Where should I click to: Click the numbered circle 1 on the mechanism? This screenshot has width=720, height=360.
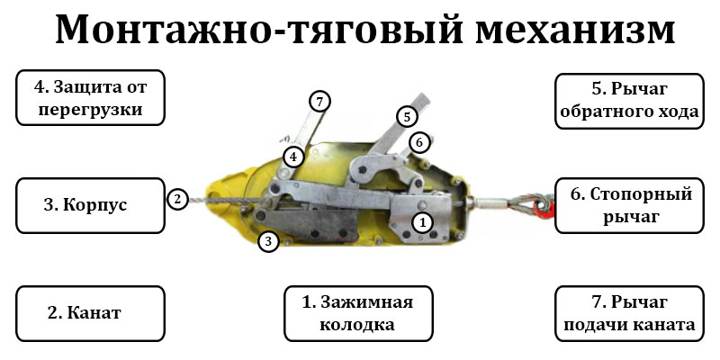(x=422, y=222)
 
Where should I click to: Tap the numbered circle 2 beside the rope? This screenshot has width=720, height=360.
(x=177, y=199)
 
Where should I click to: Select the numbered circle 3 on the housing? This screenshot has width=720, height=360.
(x=268, y=240)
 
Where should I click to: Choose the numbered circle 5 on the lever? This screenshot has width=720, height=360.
(x=407, y=117)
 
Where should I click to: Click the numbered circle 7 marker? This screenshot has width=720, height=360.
(x=319, y=102)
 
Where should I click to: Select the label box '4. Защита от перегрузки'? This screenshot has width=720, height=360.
(x=91, y=98)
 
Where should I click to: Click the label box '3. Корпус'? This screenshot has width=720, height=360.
(x=91, y=205)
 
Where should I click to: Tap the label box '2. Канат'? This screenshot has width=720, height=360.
(x=91, y=313)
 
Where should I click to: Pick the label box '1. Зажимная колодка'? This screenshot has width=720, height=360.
(x=358, y=313)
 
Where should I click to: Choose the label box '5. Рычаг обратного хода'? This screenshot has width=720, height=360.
(x=629, y=101)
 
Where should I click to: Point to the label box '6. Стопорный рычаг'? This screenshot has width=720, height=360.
(x=629, y=205)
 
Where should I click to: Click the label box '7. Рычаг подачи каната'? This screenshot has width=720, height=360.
(x=629, y=313)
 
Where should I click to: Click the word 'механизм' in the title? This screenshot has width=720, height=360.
(x=575, y=29)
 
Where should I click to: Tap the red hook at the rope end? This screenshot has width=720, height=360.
(x=546, y=209)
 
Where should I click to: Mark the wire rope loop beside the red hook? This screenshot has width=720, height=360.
(x=529, y=203)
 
